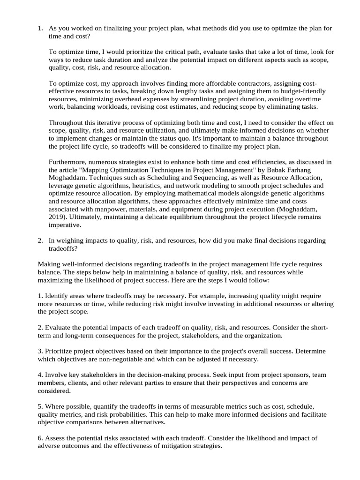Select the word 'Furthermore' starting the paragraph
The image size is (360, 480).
pos(67,162)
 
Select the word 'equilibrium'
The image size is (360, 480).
pos(163,217)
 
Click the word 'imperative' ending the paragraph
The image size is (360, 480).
pos(65,225)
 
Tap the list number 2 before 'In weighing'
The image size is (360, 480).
pos(40,241)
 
